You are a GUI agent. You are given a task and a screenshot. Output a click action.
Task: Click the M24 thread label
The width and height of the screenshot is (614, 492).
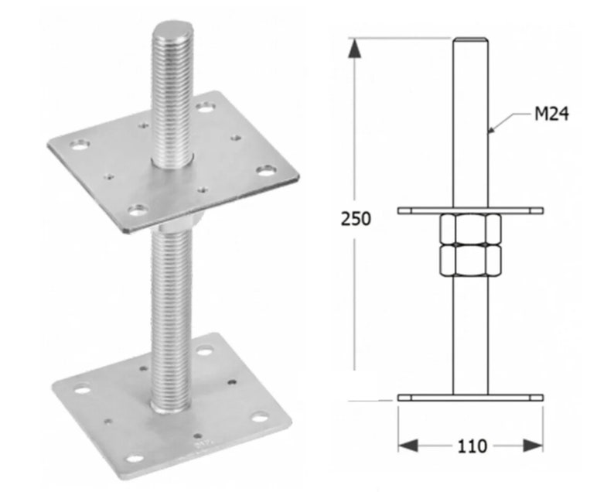tap(551, 115)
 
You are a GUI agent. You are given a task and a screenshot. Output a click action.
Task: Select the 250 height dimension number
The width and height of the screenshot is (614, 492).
tap(356, 219)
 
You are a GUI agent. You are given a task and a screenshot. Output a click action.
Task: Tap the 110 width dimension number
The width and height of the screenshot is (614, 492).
tap(471, 446)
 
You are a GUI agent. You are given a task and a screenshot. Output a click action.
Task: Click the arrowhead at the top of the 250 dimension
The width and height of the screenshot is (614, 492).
tap(354, 48)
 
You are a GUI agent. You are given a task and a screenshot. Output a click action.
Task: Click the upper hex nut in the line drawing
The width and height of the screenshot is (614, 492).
tap(470, 230)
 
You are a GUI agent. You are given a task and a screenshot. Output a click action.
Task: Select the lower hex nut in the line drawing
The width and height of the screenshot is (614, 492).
tap(470, 261)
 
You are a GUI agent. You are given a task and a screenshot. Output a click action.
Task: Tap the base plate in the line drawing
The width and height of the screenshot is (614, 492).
tap(470, 398)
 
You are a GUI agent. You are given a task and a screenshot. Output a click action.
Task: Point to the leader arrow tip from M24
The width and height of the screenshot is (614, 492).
tap(489, 132)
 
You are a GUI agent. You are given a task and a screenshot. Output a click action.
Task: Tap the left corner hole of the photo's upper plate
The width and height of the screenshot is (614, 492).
tap(79, 144)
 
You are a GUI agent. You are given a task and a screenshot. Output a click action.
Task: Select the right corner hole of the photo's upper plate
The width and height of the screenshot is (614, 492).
tap(265, 169)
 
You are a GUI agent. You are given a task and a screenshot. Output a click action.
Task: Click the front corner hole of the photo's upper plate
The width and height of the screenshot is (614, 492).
tap(137, 209)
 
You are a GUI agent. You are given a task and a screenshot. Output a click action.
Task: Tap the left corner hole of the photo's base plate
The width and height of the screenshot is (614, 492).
tap(82, 388)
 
